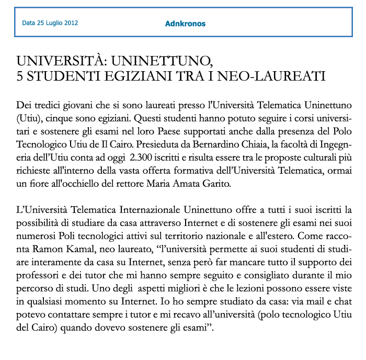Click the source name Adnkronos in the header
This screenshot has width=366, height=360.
[185, 24]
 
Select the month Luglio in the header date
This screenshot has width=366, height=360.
[52, 24]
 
